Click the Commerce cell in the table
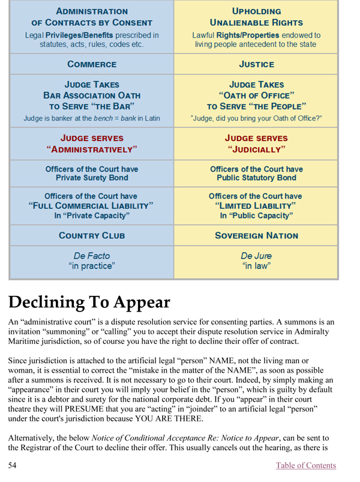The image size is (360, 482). (92, 64)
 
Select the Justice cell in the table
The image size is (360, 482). (256, 64)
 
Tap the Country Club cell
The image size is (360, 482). (92, 236)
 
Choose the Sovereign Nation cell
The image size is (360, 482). (256, 236)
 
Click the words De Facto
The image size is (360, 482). (92, 256)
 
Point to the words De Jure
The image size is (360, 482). (256, 256)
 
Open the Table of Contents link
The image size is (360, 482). (306, 465)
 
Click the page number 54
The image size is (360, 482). (13, 465)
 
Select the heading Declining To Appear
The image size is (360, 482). (89, 301)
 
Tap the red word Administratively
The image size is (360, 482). (92, 149)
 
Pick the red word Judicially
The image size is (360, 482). (256, 149)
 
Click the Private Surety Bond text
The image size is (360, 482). (92, 178)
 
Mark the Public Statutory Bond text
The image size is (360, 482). (256, 178)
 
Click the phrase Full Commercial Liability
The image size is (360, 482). (92, 206)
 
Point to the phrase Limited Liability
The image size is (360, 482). (256, 206)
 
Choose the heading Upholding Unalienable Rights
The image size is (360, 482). (256, 16)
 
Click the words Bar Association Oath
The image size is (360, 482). (92, 95)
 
